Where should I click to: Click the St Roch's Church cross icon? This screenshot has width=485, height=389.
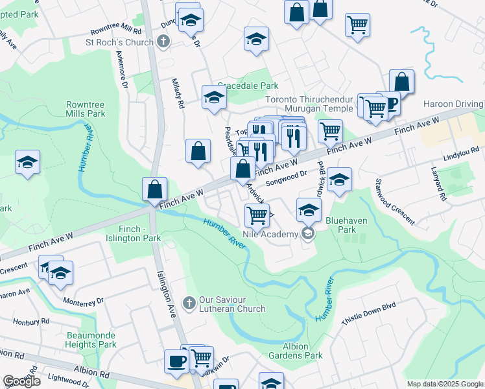[163, 43]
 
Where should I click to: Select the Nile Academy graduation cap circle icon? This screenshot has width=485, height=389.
[308, 234]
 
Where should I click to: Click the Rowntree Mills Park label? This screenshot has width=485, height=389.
[86, 109]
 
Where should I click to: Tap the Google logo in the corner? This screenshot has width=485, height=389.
[21, 381]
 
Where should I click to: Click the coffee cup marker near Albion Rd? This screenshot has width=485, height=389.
[176, 360]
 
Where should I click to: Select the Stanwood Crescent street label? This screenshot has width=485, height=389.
[395, 202]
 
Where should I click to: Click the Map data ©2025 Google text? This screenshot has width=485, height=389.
[444, 384]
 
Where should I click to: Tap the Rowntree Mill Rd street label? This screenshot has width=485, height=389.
[115, 31]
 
